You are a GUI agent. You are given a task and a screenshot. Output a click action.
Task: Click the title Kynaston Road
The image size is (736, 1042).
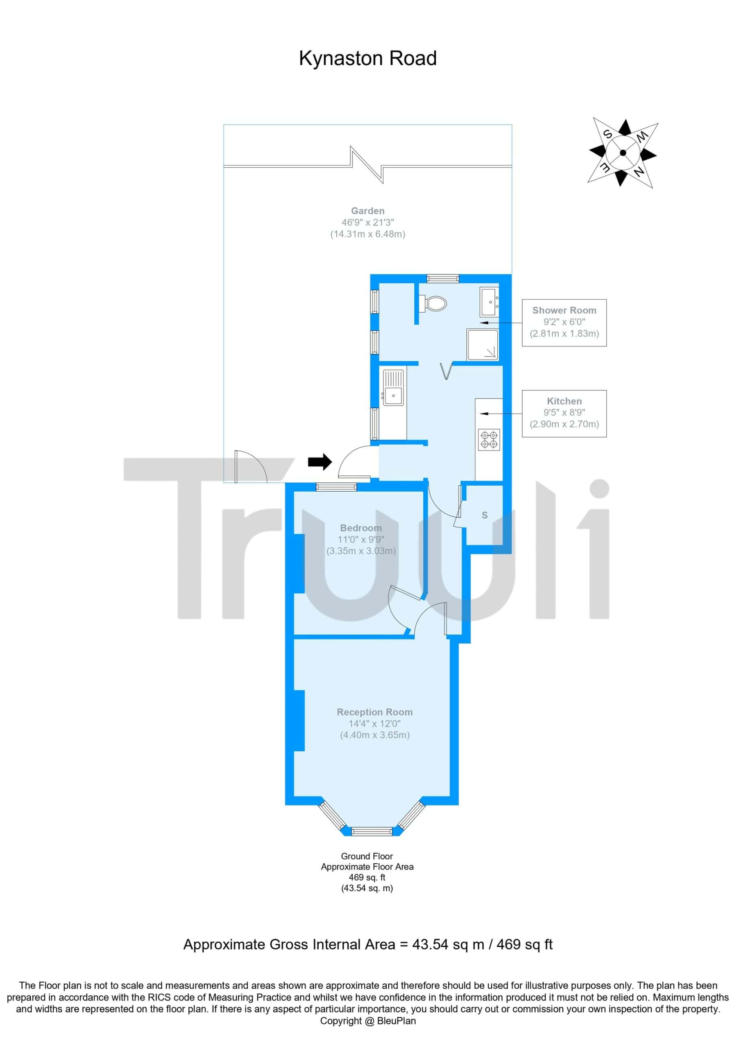pos(367,59)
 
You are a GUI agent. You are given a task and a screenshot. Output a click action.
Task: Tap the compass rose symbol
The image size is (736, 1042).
pos(623,153)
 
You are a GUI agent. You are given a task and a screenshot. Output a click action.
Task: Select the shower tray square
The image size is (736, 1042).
pos(483,345)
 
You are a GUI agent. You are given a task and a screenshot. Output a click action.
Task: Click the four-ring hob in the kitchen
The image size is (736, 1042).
pos(490,440)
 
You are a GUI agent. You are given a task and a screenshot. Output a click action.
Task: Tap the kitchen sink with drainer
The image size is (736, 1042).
pos(393,387)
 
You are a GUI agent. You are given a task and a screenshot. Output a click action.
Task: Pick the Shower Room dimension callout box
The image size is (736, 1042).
pos(564,323)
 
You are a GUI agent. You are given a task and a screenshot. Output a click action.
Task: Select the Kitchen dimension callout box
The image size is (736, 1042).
pos(564,414)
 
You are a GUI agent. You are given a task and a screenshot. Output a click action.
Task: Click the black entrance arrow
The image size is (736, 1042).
pos(320,462)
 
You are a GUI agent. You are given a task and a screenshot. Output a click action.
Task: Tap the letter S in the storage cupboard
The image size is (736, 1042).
pos(485,515)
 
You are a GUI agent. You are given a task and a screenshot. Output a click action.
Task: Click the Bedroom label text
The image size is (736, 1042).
pos(361,528)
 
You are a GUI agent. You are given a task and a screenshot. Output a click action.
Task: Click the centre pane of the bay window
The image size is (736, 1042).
pos(372,831)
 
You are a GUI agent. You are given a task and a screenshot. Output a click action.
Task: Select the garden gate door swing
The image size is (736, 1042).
pos(251,466)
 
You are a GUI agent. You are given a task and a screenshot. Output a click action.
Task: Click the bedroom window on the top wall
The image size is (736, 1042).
pos(336,487)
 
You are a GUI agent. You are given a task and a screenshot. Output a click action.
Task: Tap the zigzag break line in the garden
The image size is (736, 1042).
pos(368,165)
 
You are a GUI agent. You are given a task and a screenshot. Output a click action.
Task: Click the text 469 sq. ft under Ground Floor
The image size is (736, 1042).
pos(367,877)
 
